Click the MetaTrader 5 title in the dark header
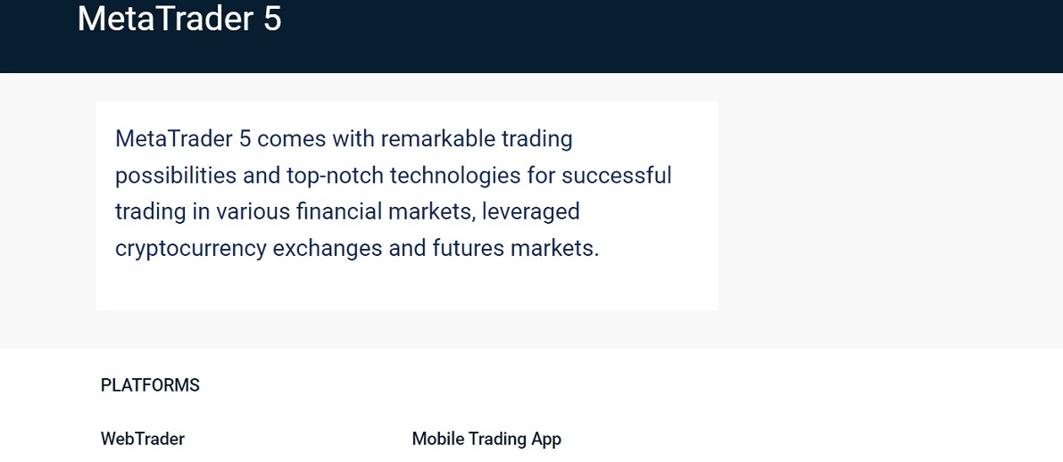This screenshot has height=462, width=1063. click(x=179, y=19)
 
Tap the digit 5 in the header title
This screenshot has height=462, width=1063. click(x=271, y=19)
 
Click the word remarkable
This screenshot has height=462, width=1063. click(x=436, y=139)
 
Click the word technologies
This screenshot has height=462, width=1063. click(x=447, y=176)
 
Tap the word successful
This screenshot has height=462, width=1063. click(x=616, y=176)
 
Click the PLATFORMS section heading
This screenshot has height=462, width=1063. click(x=150, y=385)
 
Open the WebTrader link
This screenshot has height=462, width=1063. click(x=143, y=439)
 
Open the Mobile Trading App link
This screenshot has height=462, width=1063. click(x=486, y=439)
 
